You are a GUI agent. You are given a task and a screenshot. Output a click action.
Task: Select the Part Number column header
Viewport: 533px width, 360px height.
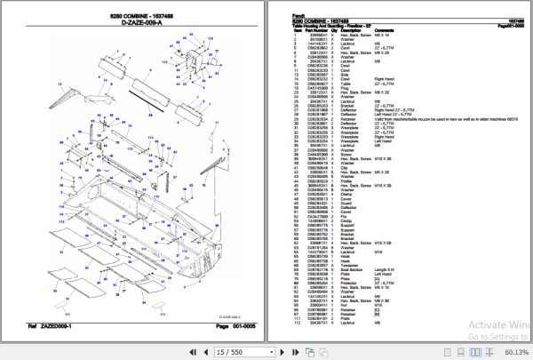click(301, 30)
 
